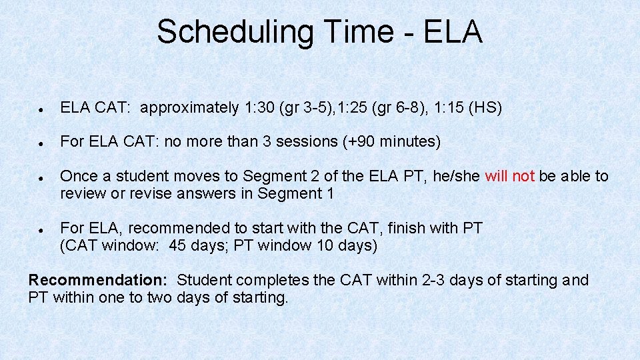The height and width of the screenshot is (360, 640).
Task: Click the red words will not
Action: tap(509, 177)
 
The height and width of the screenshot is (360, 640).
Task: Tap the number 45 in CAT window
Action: tap(178, 246)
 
